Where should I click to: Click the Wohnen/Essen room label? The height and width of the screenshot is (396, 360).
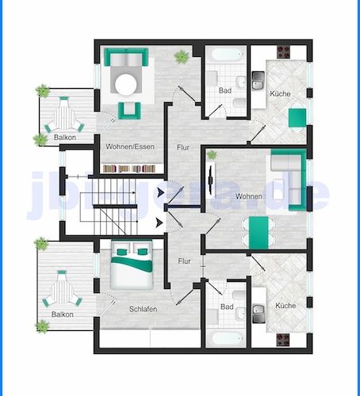[131, 147]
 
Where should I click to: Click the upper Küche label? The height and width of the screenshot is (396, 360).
[279, 94]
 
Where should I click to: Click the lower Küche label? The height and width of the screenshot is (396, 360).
[285, 306]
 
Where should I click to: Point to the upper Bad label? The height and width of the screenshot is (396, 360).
[225, 90]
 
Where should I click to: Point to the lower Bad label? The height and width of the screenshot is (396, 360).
[227, 307]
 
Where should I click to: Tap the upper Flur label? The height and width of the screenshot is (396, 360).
[184, 147]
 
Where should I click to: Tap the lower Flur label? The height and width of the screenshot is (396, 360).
[184, 261]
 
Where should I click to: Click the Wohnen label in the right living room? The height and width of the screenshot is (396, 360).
[249, 196]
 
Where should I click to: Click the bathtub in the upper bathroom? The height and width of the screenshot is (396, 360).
[228, 58]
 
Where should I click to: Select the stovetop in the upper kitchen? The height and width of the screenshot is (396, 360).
[283, 53]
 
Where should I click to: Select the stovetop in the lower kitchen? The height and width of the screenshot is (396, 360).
[283, 340]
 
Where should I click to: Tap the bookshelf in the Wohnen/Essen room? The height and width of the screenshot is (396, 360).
[132, 168]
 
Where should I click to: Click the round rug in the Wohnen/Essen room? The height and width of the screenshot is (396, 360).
[128, 82]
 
